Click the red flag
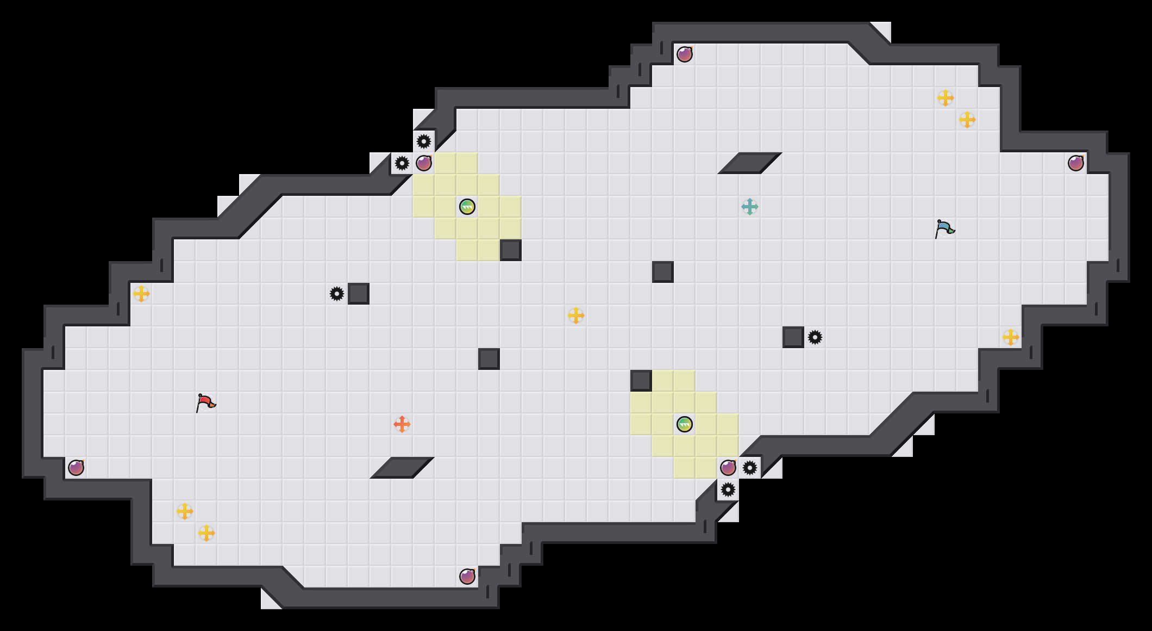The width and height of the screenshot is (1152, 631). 205,403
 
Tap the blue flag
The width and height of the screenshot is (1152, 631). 944,229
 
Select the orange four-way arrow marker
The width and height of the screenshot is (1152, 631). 402,424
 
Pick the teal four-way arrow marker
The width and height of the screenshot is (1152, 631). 750,207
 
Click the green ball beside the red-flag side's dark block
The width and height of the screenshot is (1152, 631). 467,207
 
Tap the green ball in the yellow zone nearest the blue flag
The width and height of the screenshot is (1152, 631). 685,424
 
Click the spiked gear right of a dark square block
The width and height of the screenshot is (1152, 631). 815,337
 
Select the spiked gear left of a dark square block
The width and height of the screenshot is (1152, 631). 337,294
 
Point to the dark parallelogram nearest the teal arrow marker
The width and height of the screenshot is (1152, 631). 750,163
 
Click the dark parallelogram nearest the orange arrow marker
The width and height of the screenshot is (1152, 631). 402,468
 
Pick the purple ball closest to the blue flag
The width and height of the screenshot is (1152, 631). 1076,163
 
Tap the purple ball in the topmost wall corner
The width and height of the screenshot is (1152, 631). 685,54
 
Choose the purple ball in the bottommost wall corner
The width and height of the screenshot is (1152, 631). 467,577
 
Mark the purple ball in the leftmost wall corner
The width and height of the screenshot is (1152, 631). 76,468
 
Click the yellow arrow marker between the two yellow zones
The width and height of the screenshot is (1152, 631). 576,315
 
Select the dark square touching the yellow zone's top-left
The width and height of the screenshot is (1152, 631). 641,381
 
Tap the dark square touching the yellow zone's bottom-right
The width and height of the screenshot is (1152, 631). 511,250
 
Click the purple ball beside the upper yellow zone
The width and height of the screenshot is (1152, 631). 424,163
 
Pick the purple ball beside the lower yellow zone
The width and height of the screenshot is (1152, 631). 728,468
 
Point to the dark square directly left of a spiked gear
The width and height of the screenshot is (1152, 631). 793,337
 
